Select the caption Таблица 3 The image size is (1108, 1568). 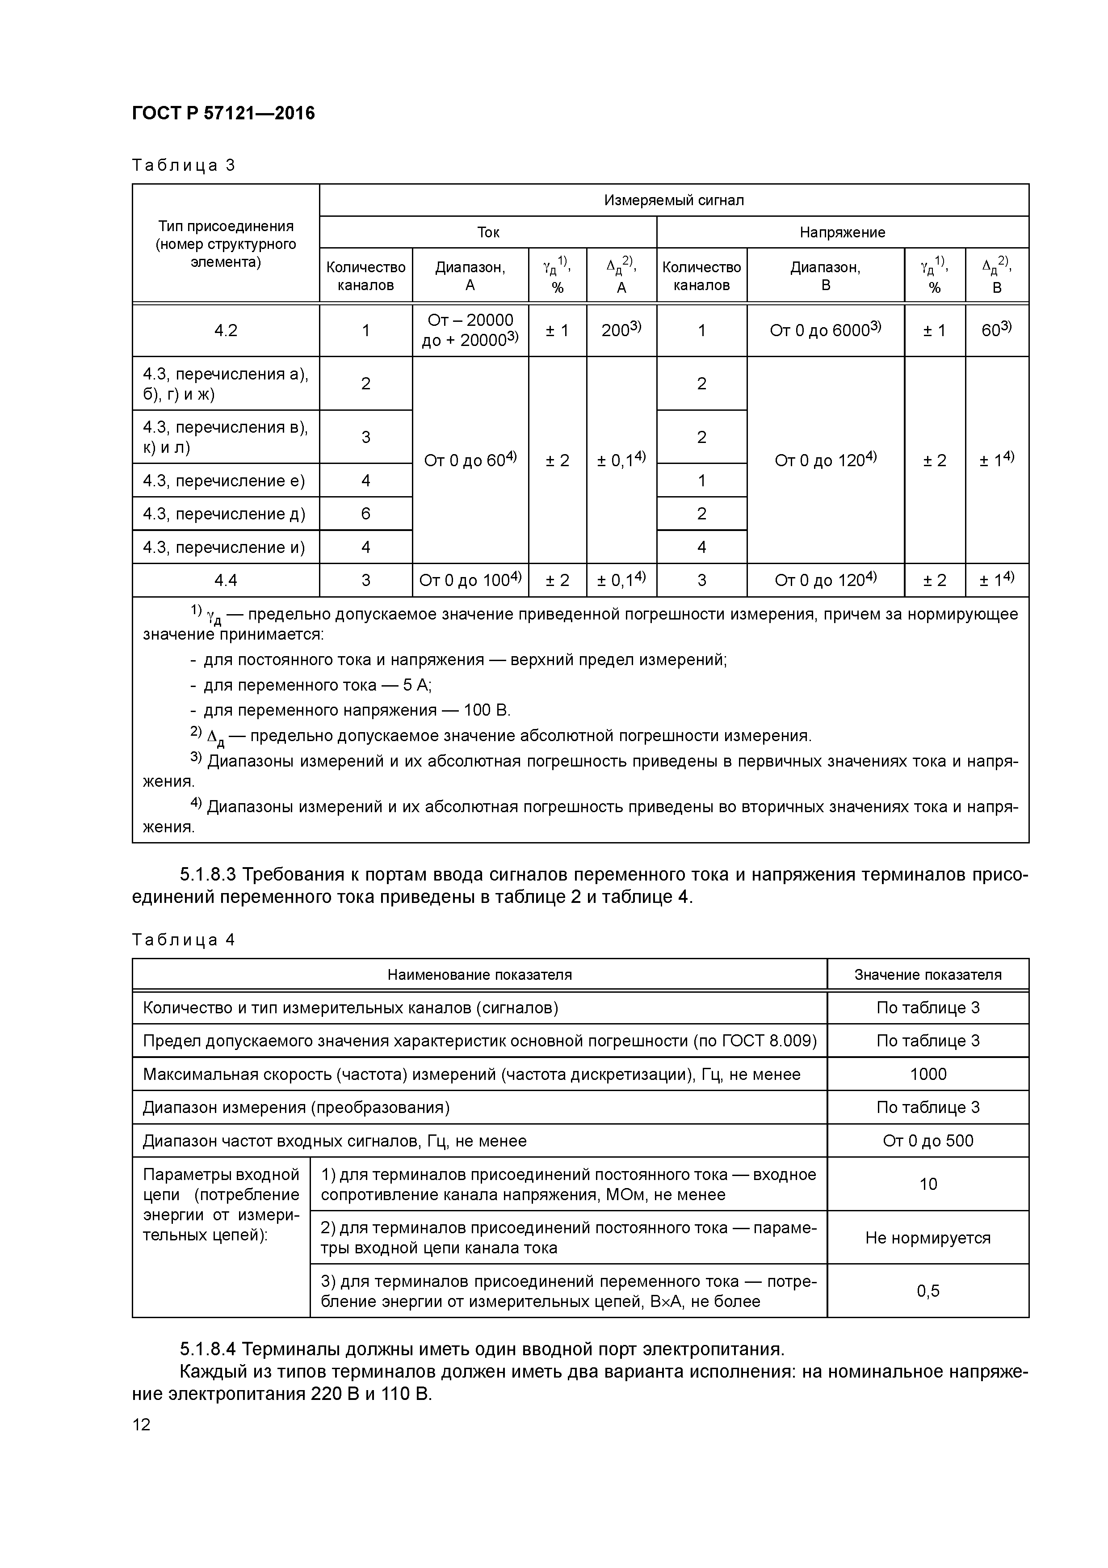[x=183, y=165]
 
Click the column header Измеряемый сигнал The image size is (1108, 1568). [x=673, y=200]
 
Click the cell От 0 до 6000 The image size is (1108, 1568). [x=825, y=330]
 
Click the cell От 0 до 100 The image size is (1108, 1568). [x=470, y=581]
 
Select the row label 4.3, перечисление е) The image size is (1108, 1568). [x=224, y=481]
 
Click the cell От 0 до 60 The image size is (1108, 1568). [x=470, y=461]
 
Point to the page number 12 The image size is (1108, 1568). [x=141, y=1425]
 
